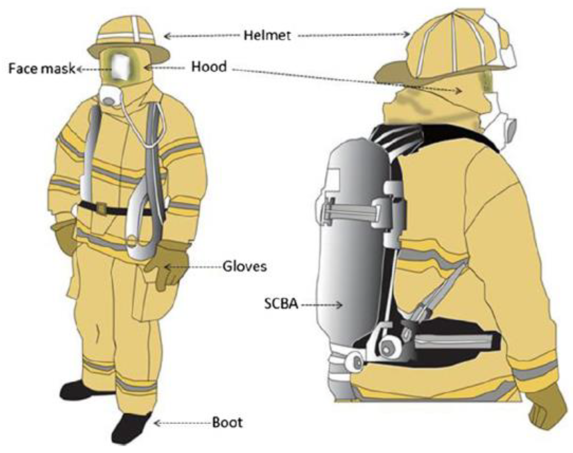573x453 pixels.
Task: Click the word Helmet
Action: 267,36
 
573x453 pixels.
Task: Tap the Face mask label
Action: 42,69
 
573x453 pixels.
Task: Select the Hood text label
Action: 209,66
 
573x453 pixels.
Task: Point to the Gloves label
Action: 244,267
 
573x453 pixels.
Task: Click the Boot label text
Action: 227,423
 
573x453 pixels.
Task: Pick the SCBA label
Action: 281,304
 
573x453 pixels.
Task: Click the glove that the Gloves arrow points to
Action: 168,265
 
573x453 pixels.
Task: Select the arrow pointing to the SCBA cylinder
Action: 322,305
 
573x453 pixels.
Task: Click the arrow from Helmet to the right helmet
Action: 354,34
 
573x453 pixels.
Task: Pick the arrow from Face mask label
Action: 94,69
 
